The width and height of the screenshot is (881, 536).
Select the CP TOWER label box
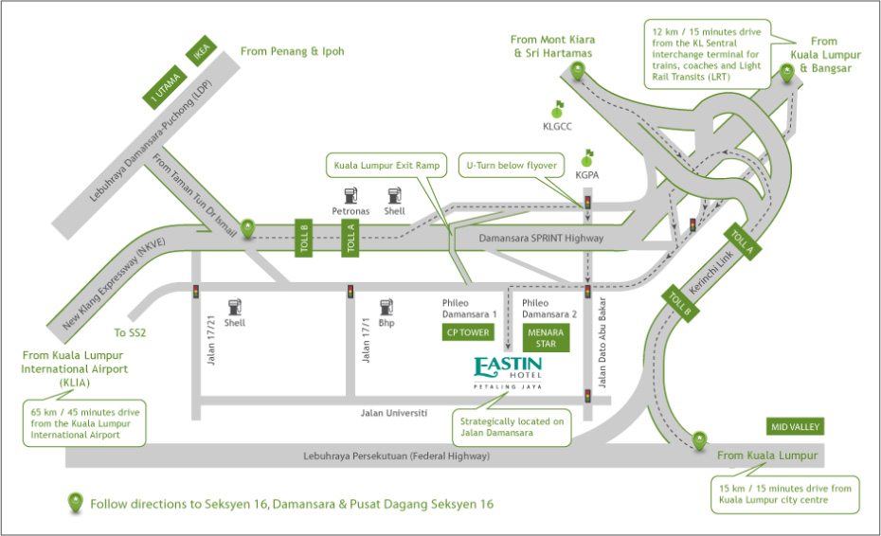click(x=467, y=332)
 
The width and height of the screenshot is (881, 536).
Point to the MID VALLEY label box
click(x=796, y=427)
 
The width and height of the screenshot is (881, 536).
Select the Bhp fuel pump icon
click(x=386, y=308)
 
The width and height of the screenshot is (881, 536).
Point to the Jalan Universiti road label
click(x=394, y=413)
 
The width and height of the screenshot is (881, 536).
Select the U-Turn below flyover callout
click(x=510, y=164)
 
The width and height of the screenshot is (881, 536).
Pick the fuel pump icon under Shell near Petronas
click(x=395, y=195)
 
